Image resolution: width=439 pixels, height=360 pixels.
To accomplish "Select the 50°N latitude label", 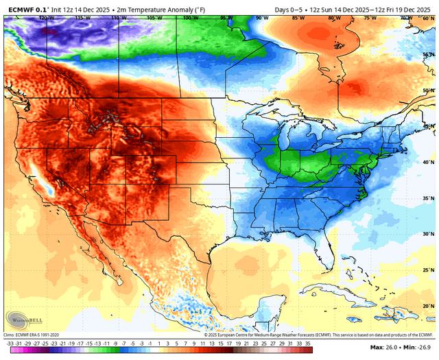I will click(x=427, y=90).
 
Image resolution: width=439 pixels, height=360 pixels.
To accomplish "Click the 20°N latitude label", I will click(x=427, y=306).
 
